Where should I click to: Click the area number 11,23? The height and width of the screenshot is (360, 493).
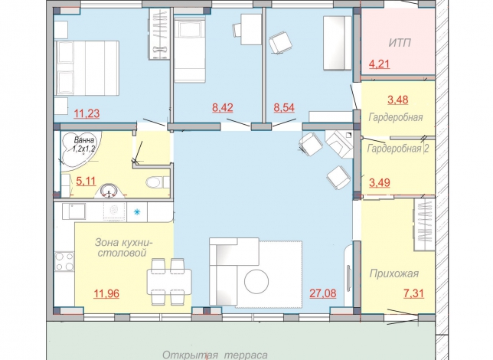tap(87, 113)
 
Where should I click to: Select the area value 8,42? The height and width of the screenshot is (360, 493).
tap(223, 108)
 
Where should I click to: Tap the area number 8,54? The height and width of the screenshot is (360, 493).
tap(284, 108)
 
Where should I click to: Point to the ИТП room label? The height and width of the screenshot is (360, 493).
tap(400, 43)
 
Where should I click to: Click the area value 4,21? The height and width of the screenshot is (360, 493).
tap(379, 64)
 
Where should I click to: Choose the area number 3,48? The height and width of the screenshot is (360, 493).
tap(398, 100)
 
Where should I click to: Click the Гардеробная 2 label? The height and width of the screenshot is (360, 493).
tap(398, 149)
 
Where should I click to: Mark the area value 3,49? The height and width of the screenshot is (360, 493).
tap(380, 182)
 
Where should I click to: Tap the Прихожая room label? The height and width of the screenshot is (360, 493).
tap(394, 273)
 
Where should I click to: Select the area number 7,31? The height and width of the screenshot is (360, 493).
tap(413, 293)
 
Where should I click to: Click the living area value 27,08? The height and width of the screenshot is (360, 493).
tap(323, 293)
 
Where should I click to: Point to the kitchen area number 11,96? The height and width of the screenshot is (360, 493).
tap(106, 293)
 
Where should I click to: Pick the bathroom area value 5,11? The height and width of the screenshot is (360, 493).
tap(86, 182)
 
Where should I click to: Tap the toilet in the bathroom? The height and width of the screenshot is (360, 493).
tap(157, 182)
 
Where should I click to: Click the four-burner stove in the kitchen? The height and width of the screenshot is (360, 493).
tap(64, 261)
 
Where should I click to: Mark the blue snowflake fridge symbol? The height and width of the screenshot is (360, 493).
tap(137, 212)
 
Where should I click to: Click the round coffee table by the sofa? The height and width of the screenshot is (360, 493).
tap(256, 281)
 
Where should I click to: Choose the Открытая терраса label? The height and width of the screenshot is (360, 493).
tap(215, 355)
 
